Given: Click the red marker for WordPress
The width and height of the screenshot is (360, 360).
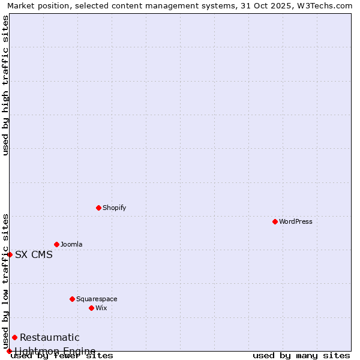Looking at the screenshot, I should tap(275, 221).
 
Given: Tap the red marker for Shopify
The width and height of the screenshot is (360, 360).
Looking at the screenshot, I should tap(98, 208).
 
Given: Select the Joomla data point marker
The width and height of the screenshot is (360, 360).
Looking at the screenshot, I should tap(56, 244).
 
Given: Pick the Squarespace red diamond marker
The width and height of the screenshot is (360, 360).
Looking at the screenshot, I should tap(72, 299).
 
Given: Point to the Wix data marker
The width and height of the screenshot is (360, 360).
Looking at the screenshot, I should tap(91, 308).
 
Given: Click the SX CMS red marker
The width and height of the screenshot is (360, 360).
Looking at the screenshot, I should tap(10, 254).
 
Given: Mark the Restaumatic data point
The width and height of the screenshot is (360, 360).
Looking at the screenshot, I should tap(14, 337).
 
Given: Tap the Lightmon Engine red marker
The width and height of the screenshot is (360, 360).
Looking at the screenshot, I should tap(9, 351).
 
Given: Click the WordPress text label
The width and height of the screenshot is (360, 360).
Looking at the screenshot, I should tap(296, 221).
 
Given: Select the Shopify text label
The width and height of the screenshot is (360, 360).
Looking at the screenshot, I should tap(115, 208).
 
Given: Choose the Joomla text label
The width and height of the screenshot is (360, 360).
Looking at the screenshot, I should tap(71, 244).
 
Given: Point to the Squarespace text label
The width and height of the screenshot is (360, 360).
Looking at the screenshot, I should tap(97, 299).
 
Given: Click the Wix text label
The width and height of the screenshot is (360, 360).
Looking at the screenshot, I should tap(101, 308).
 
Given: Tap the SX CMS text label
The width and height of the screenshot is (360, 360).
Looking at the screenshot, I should tap(34, 254).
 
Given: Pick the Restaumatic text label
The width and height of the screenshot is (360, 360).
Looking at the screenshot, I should tap(50, 337).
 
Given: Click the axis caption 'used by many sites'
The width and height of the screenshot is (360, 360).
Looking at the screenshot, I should tap(301, 356).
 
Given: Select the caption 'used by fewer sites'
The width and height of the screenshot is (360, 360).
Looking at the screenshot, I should tap(62, 356).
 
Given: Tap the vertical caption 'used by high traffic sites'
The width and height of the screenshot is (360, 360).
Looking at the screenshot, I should tap(5, 85).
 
